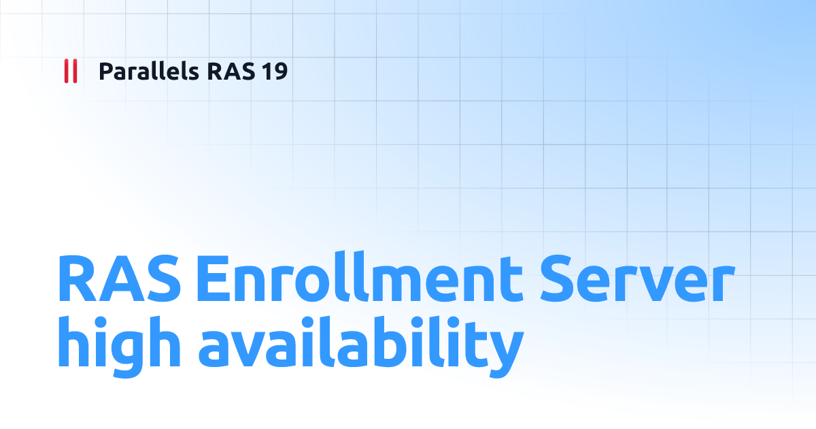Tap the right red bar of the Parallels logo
click(74, 71)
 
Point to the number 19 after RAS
click(275, 71)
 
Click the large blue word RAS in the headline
click(119, 279)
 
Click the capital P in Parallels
click(105, 71)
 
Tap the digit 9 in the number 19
click(281, 71)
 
